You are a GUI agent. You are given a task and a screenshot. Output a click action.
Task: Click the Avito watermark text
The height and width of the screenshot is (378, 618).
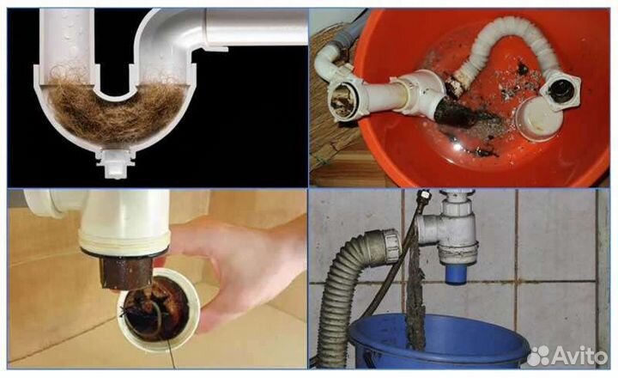pos(579,357)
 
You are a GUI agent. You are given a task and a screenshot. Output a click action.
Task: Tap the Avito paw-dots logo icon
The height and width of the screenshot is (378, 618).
pos(538,356)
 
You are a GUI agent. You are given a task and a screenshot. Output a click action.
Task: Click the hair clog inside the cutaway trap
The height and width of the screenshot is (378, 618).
pos(116,109)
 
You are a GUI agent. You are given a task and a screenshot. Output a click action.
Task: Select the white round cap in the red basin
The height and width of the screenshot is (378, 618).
pos(540,119)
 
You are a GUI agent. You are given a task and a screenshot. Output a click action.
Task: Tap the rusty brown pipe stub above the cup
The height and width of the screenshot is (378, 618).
pos(125,271)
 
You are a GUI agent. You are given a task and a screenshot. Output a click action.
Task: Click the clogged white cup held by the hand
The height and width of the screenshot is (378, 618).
pos(159,308)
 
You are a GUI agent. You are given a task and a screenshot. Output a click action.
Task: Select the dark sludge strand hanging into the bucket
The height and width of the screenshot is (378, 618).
pos(415,292)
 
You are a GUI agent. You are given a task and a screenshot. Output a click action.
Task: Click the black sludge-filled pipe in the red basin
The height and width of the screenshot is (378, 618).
pos(457,114)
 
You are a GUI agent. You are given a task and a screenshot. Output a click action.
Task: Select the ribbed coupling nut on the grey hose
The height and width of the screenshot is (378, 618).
pos(388,247)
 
